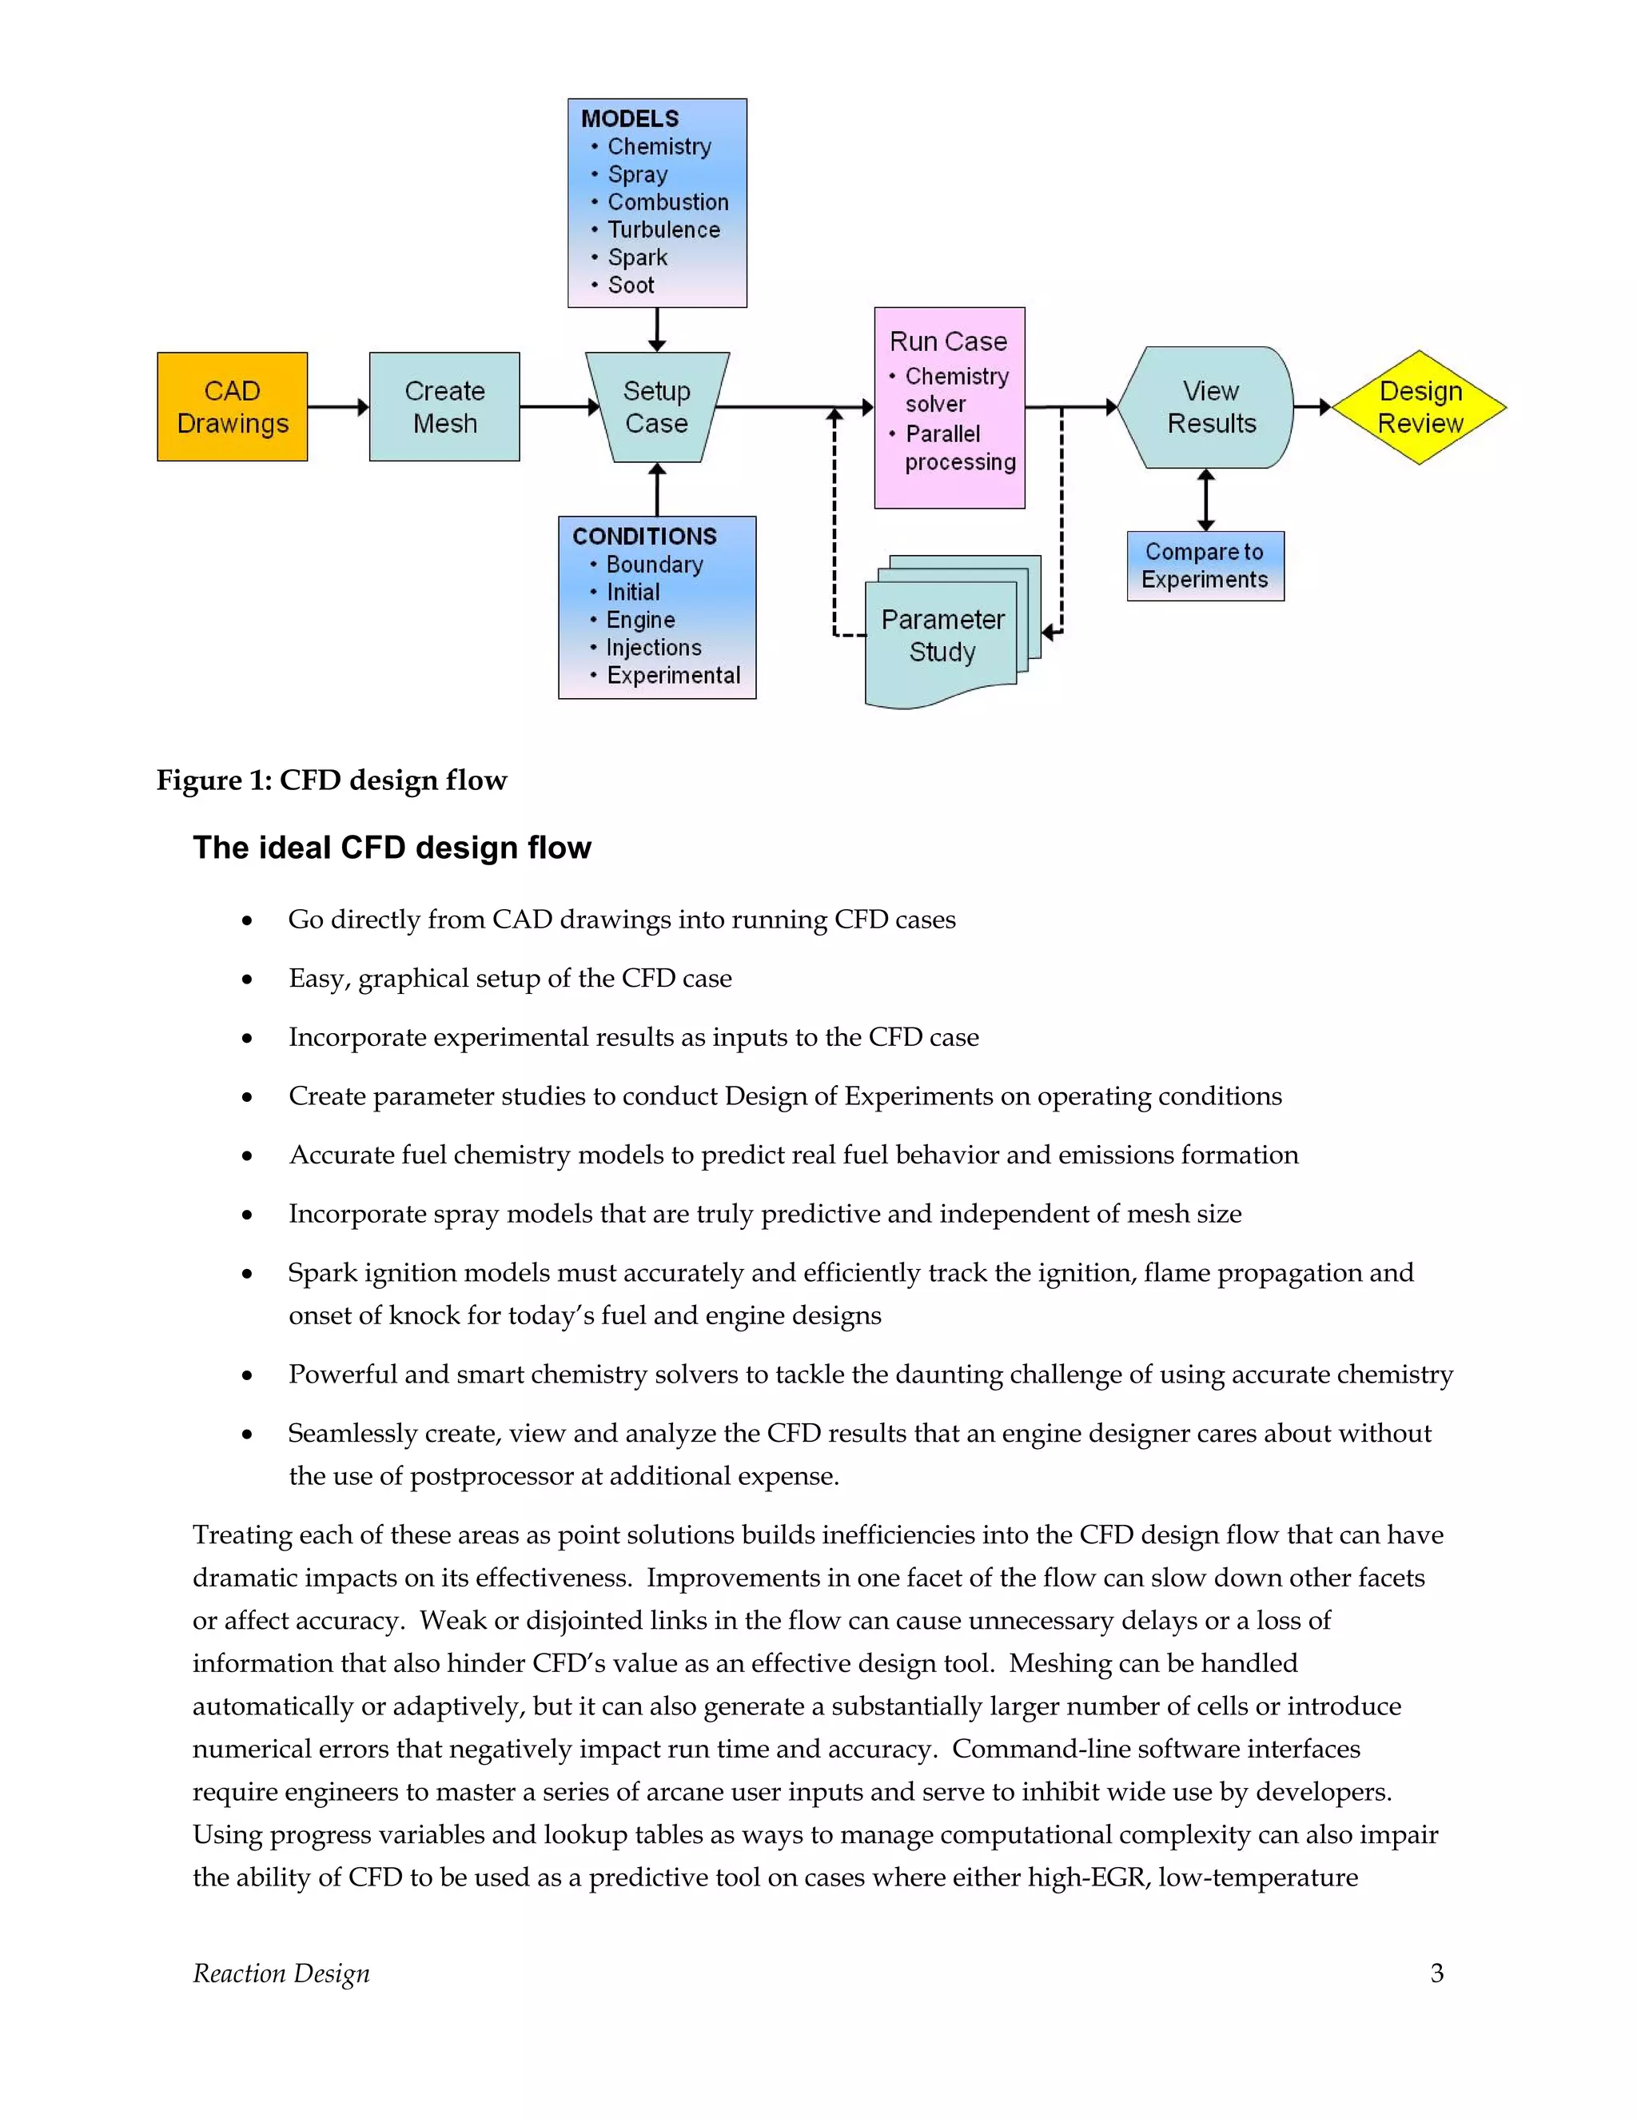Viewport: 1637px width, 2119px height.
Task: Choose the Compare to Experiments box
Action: click(x=1205, y=565)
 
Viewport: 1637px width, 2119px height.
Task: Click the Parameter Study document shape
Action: click(x=942, y=636)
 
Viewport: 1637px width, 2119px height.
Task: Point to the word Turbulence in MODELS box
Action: click(x=663, y=230)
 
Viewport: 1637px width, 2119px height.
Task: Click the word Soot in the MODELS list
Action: click(x=631, y=285)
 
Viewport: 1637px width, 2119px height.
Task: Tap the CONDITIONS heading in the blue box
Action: click(x=644, y=537)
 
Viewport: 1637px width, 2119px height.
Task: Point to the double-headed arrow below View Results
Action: click(x=1205, y=500)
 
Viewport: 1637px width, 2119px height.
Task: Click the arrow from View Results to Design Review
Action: click(x=1312, y=408)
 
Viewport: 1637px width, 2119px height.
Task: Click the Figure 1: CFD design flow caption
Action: click(x=332, y=780)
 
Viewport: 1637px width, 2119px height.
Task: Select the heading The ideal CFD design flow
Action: click(x=392, y=847)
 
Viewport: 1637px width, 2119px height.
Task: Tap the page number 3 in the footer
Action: click(x=1436, y=1973)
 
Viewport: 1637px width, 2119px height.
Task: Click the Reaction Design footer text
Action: click(x=281, y=1973)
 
